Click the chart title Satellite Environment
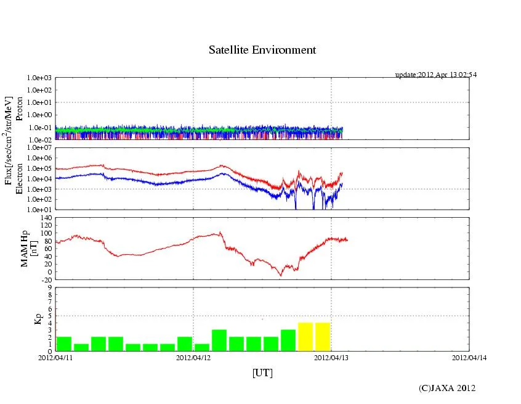(x=262, y=50)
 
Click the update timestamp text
(x=435, y=75)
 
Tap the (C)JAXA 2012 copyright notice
(x=447, y=388)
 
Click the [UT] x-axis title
(x=262, y=373)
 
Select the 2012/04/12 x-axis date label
(x=193, y=356)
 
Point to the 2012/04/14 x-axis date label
(x=469, y=356)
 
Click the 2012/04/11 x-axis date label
(x=55, y=356)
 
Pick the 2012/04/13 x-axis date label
(x=331, y=356)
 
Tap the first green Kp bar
(x=64, y=344)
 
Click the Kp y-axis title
(x=38, y=319)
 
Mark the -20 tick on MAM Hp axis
(x=44, y=279)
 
